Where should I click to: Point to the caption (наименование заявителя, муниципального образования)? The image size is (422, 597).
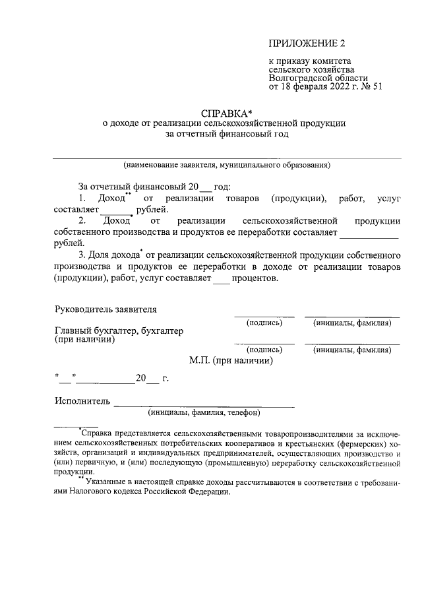(x=226, y=165)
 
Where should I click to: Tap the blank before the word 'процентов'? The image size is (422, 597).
(x=220, y=278)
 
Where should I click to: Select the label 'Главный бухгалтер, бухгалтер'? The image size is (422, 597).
(x=119, y=330)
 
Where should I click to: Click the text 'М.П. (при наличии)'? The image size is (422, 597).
(x=231, y=360)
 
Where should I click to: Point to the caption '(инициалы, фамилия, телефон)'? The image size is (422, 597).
(x=205, y=413)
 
